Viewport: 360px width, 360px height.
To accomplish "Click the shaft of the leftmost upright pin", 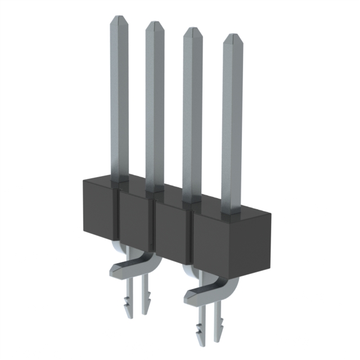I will (118, 101).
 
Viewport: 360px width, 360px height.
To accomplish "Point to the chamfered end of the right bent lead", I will (190, 292).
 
